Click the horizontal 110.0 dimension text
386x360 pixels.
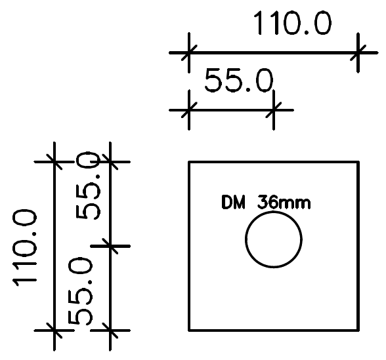click(293, 24)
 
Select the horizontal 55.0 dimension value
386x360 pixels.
click(238, 83)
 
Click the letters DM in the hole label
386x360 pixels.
click(233, 203)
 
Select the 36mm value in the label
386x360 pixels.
click(284, 203)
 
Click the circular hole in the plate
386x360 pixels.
click(274, 239)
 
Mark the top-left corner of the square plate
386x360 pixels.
click(189, 161)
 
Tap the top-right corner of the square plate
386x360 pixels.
click(358, 161)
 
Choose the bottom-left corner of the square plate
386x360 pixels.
click(189, 330)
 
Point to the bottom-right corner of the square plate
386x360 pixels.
click(358, 330)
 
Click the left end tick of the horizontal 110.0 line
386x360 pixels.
click(188, 52)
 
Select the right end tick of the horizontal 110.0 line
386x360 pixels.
click(358, 52)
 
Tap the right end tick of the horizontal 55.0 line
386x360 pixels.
click(274, 110)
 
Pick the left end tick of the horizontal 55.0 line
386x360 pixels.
click(188, 110)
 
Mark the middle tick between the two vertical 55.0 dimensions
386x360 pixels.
click(110, 246)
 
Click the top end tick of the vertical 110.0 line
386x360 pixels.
click(53, 161)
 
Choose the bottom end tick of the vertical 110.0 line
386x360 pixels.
click(53, 330)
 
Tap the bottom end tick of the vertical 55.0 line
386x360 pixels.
click(110, 330)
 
